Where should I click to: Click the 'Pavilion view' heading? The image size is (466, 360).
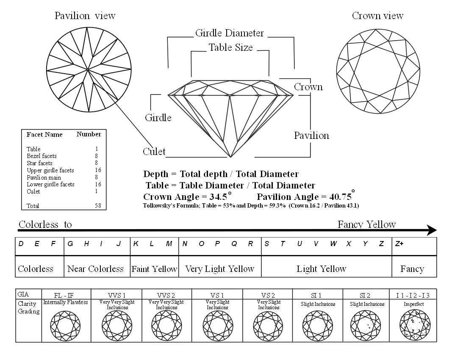coord(85,16)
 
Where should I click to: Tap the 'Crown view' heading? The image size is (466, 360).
coord(377,16)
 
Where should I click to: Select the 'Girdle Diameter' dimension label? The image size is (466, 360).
coord(229,33)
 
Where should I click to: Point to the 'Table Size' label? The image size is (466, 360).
coord(230,47)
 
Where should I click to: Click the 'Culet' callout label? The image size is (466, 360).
coord(154,152)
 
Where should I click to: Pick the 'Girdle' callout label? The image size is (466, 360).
coord(158,118)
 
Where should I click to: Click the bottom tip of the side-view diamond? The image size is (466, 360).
coord(230,157)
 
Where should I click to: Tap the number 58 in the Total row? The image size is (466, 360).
coord(98,206)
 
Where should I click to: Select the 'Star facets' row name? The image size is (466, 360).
coord(39,163)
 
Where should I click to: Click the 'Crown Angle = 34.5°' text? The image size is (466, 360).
coord(188,197)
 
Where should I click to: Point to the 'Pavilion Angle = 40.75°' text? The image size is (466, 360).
coord(305,197)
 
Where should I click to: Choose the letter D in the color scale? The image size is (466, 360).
coord(20,244)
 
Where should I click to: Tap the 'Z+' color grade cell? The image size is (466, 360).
coord(399,244)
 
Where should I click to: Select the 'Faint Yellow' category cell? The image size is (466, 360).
coord(154,269)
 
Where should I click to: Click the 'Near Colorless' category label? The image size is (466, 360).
coord(95,269)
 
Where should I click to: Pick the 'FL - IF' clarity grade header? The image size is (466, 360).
coord(65,295)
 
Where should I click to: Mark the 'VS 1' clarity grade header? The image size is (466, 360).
coord(217,295)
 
